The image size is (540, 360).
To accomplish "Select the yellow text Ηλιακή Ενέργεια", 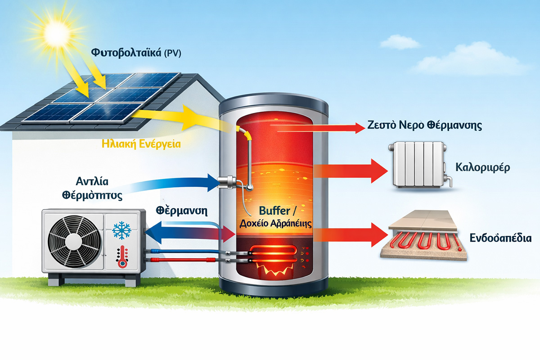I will tap(142, 144).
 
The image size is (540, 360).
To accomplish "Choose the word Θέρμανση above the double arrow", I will tap(178, 211).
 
